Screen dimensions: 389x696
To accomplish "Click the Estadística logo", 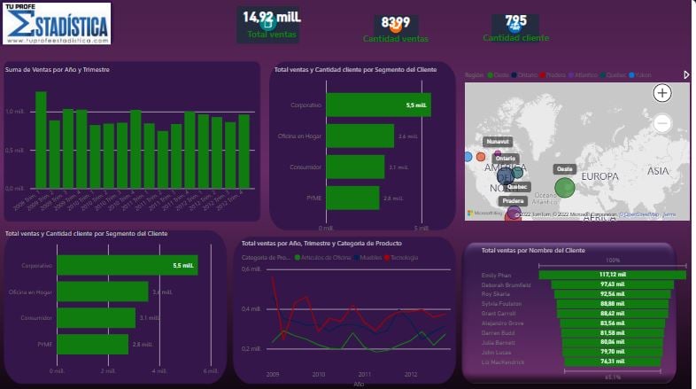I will point(57,24).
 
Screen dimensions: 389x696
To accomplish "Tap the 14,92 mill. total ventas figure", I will point(272,17).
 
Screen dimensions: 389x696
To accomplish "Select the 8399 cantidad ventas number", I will point(395,22).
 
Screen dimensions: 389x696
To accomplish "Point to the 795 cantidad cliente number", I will point(515,21).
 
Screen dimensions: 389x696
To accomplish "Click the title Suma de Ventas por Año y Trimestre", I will point(58,69).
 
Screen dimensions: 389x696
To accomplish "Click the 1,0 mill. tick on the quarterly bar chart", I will point(15,112).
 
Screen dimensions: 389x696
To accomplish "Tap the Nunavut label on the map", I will point(498,141).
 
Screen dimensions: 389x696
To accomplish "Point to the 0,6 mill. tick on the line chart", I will point(251,268).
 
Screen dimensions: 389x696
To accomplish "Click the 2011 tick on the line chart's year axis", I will point(364,374).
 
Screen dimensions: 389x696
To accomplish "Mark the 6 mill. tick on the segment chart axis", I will point(209,370).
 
